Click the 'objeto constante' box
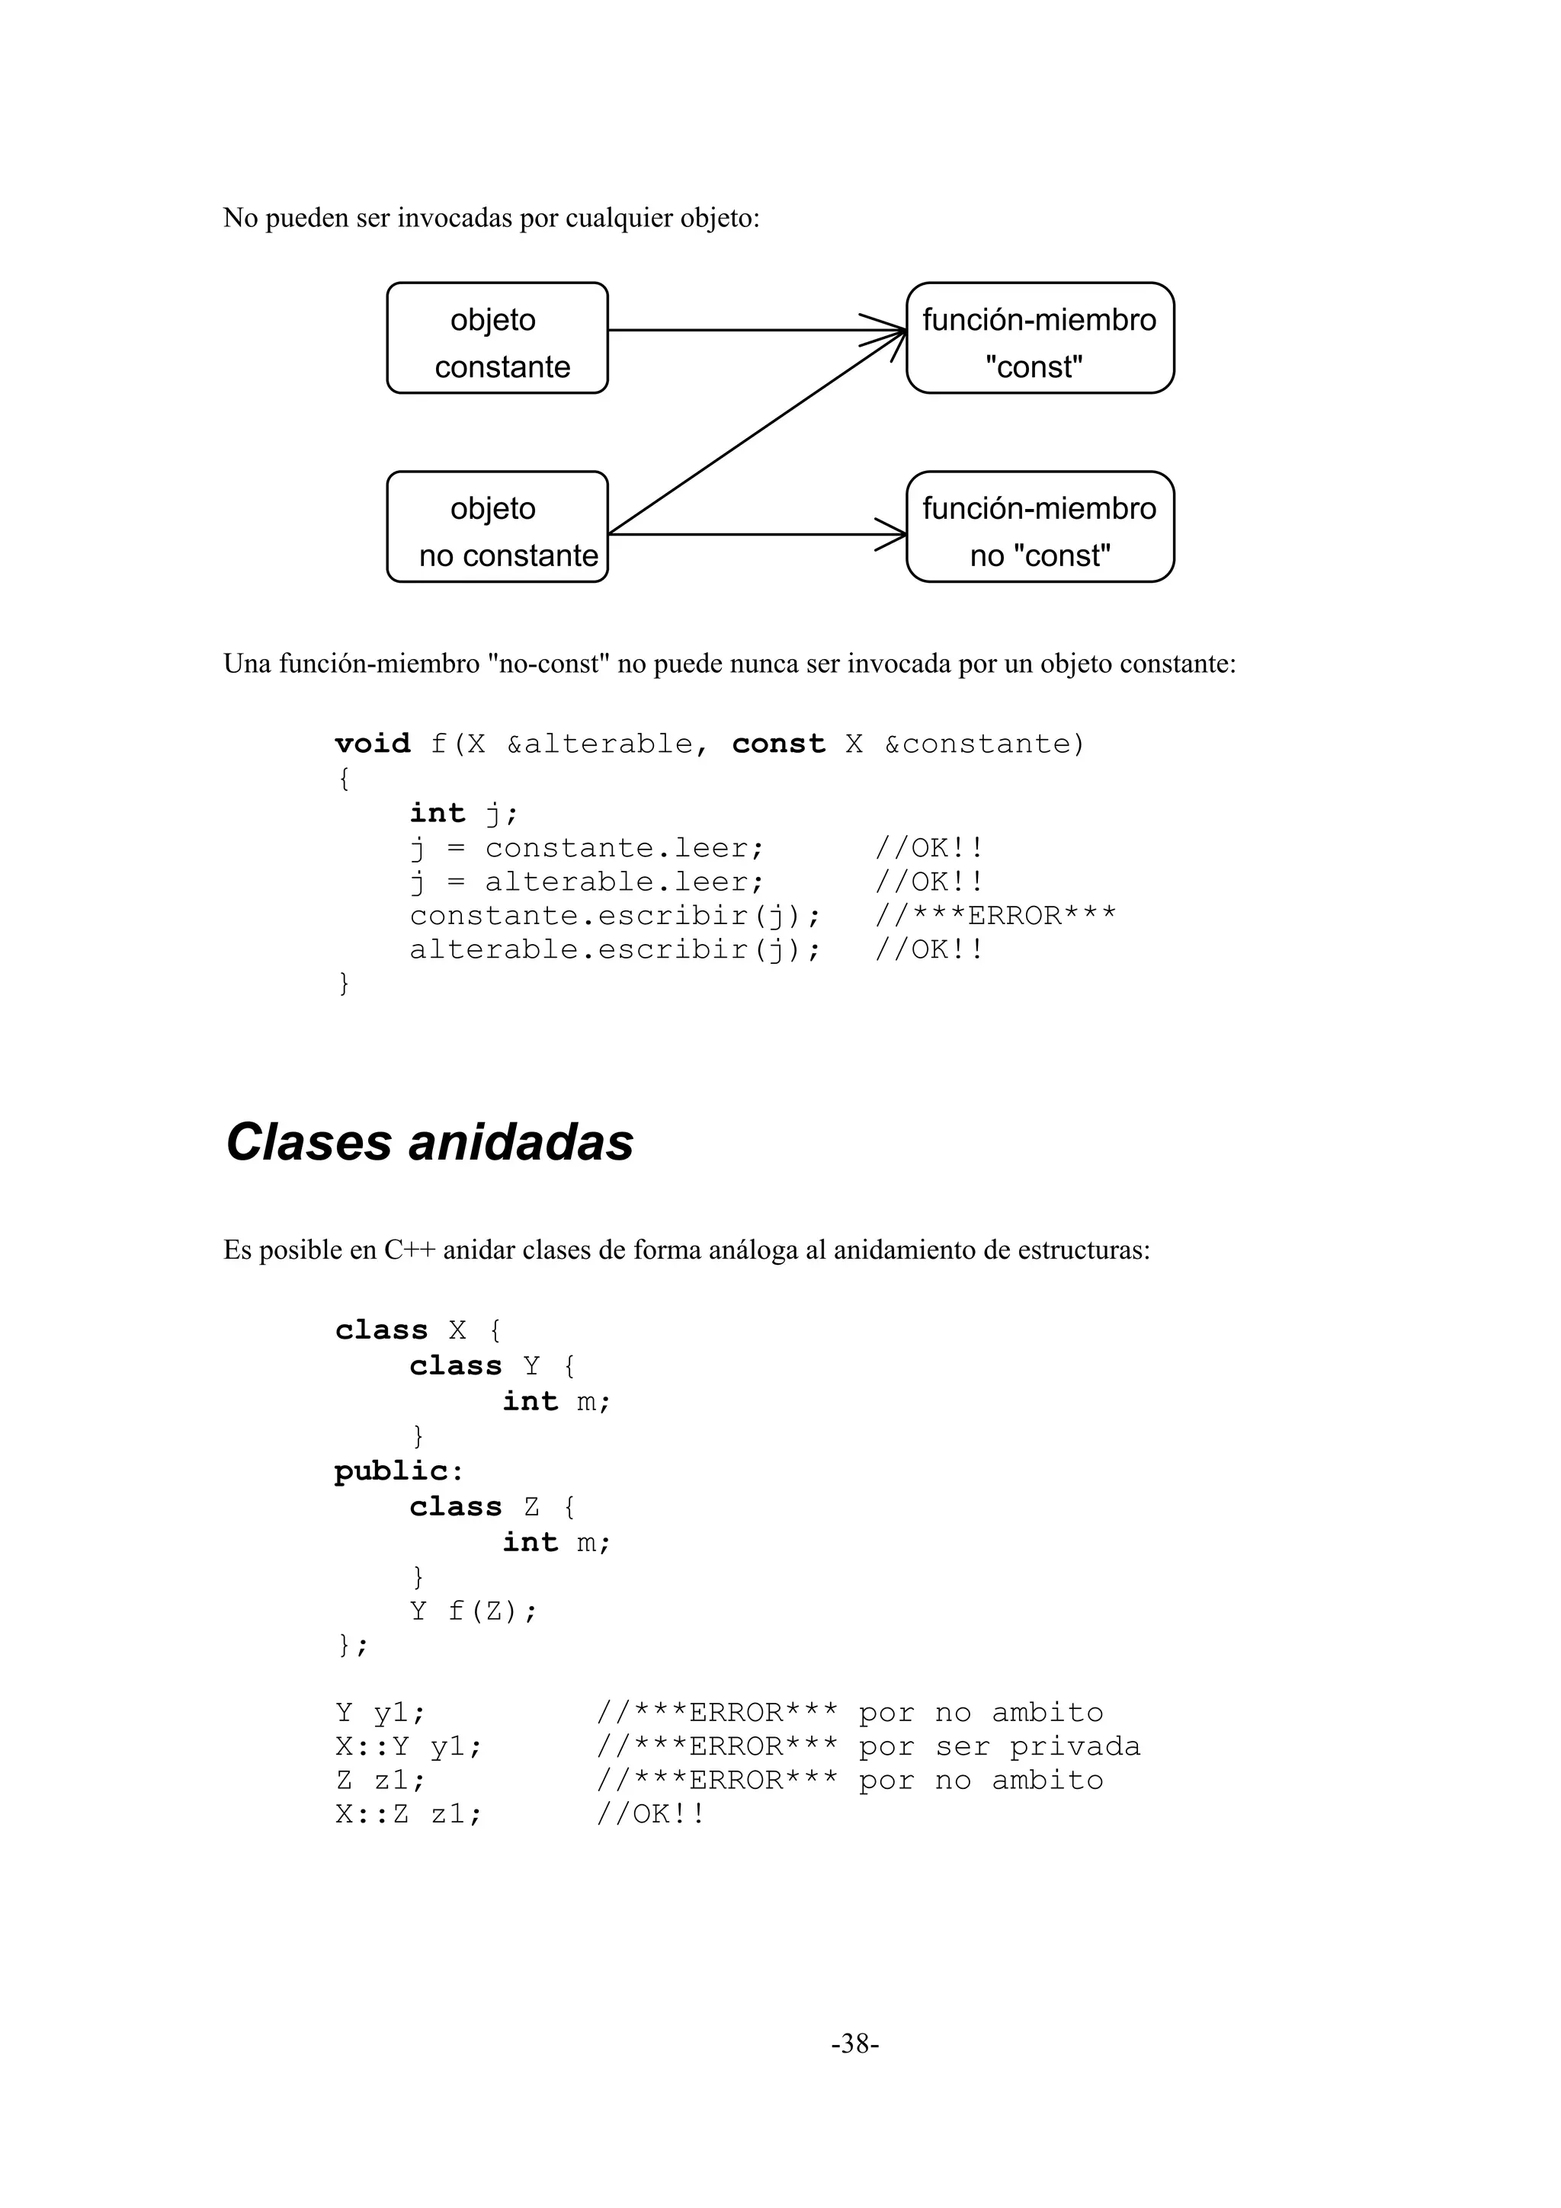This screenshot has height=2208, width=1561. [496, 338]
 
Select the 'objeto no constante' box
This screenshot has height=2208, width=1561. [496, 527]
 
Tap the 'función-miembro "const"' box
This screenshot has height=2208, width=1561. [1040, 338]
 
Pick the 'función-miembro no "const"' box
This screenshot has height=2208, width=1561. [1040, 527]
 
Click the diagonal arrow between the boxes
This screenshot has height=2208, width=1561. [756, 433]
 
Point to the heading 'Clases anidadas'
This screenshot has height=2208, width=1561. [429, 1142]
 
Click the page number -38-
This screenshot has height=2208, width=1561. [855, 2043]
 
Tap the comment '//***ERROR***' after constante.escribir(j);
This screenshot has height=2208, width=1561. [995, 917]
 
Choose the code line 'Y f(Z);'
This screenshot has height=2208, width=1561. [473, 1611]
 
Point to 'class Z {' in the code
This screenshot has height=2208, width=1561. [492, 1507]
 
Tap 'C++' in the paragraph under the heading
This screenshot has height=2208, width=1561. [410, 1250]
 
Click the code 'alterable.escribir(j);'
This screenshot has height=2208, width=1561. [616, 950]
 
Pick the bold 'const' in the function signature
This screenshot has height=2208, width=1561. [778, 744]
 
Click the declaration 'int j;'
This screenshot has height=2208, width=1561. [463, 814]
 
